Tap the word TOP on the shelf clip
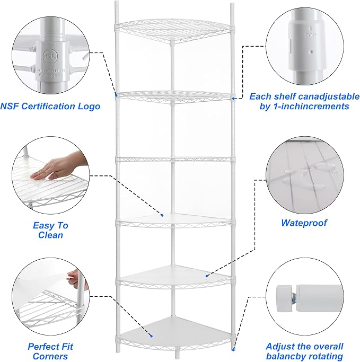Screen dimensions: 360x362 311,36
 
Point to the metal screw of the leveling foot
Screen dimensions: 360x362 294,298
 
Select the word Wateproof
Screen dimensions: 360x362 304,223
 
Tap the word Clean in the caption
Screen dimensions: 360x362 50,235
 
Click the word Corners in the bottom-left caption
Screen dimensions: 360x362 50,356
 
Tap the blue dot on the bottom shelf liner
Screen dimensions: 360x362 152,336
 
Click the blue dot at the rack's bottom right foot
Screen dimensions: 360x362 233,350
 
